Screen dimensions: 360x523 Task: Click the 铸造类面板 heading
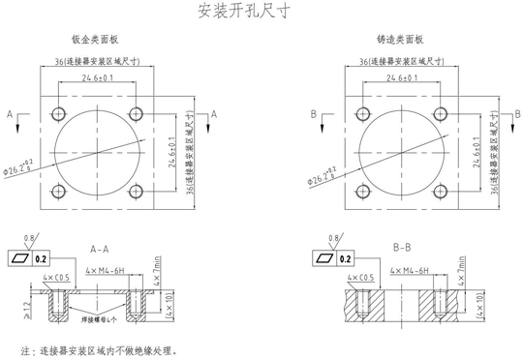pyautogui.click(x=401, y=41)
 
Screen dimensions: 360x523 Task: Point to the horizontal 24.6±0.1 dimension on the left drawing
pyautogui.click(x=98, y=77)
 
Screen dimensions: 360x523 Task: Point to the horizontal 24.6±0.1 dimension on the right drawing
pyautogui.click(x=402, y=77)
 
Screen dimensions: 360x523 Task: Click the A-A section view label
pyautogui.click(x=99, y=248)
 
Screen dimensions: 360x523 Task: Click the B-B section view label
pyautogui.click(x=403, y=248)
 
